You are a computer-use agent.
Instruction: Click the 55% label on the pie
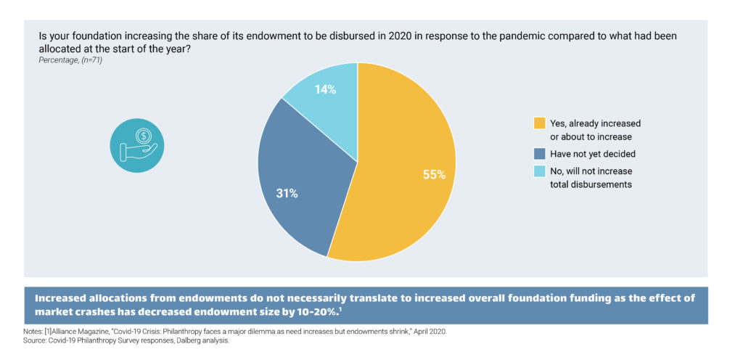click(433, 174)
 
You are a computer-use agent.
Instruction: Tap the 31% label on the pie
click(287, 194)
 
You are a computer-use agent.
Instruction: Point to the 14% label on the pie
click(324, 90)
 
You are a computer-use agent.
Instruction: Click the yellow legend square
click(538, 123)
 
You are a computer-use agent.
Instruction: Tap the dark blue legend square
click(538, 154)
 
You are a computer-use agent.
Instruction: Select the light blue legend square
click(538, 171)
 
